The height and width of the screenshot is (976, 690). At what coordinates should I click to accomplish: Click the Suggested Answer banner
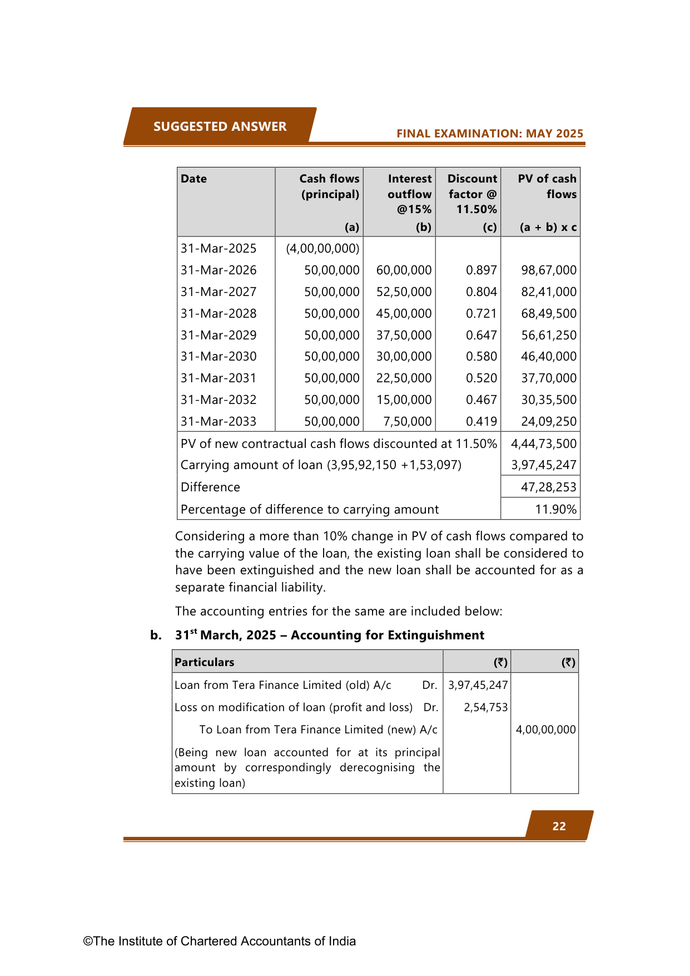[x=220, y=126]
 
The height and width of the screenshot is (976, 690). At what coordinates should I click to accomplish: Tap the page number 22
[x=559, y=826]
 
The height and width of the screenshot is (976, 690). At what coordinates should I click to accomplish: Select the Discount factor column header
[x=472, y=194]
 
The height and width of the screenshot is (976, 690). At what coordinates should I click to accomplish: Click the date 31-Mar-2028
[x=219, y=313]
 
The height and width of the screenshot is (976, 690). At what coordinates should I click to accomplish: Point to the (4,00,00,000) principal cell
[x=322, y=248]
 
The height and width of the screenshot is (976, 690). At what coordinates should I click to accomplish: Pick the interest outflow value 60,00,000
[x=404, y=270]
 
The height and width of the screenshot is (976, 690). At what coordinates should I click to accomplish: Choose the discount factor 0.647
[x=481, y=335]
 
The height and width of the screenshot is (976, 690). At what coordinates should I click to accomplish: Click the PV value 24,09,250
[x=548, y=421]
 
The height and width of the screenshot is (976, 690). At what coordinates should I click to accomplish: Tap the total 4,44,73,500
[x=543, y=443]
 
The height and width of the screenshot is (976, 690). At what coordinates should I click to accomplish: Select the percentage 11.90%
[x=555, y=509]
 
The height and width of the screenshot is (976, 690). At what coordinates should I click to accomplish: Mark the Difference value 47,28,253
[x=548, y=487]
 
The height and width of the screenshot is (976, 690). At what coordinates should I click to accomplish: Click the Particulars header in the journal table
[x=204, y=662]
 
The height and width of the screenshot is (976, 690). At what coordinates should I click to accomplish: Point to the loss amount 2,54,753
[x=485, y=707]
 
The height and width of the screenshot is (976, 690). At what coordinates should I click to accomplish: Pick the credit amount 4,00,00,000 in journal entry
[x=545, y=729]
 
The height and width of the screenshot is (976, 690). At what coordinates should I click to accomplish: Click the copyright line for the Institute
[x=219, y=941]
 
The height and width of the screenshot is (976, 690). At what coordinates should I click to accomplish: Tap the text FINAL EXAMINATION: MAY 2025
[x=489, y=134]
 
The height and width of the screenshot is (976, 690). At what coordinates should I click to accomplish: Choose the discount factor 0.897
[x=481, y=270]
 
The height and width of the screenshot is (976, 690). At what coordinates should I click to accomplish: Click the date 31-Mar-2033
[x=219, y=421]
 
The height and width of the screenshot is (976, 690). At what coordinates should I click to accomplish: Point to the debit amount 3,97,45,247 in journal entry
[x=478, y=685]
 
